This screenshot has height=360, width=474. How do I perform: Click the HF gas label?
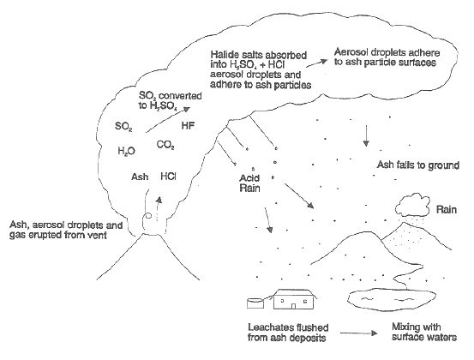coord(188,126)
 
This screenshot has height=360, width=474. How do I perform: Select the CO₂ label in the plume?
coord(165,146)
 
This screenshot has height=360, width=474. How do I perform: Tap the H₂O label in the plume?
coord(126,151)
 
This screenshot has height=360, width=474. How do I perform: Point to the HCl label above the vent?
coord(168,177)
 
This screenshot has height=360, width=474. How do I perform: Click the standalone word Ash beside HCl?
coord(140,177)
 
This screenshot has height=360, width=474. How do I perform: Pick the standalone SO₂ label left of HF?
coord(123,126)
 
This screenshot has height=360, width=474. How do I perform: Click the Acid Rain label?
coord(249,183)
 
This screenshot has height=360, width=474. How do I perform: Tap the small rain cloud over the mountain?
coord(413,205)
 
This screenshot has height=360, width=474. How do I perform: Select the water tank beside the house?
coord(255,303)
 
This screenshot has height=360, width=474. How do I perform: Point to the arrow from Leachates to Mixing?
coord(359,333)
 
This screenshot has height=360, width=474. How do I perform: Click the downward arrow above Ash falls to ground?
coord(366,135)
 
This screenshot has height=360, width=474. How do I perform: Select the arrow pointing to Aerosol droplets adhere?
coord(316,63)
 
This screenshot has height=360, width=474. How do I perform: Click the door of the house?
coord(293,306)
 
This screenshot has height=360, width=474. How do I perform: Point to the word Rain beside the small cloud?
coord(447,209)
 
